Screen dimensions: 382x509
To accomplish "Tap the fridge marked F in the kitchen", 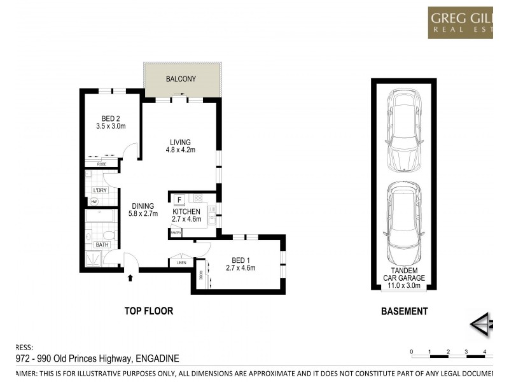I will point(179,199).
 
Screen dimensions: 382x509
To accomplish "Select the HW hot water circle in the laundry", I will point(94,201).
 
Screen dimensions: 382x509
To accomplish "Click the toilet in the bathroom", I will point(109,236).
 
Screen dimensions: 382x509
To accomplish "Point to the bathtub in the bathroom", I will point(100,216).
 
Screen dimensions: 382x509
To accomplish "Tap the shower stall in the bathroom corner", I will point(94,258).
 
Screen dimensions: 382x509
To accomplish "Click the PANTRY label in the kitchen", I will point(176,233).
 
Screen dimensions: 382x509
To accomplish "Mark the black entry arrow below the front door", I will point(130,277).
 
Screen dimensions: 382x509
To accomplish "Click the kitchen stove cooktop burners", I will point(198,198).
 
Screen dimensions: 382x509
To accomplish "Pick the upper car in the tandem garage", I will point(403,129).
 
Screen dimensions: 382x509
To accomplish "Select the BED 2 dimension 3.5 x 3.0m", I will point(111,126).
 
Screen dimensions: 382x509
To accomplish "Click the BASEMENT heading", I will point(404,311).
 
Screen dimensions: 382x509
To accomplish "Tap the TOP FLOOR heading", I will point(148,311).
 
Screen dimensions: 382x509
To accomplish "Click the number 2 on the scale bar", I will point(449,351).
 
